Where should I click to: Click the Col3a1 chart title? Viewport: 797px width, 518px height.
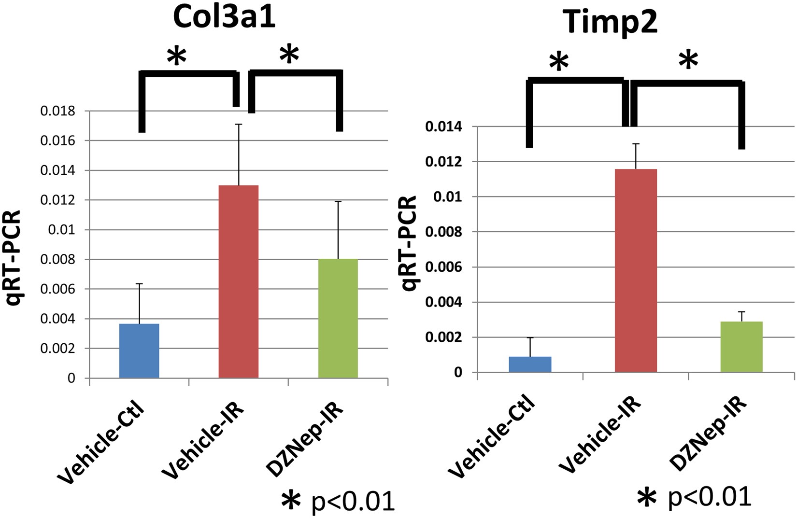click(224, 19)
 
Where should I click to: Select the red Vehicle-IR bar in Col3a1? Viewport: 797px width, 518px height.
click(239, 281)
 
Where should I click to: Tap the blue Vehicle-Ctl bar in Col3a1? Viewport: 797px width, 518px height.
click(139, 350)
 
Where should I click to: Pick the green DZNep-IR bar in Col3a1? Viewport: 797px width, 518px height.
click(338, 319)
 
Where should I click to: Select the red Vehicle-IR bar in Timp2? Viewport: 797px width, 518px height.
click(636, 270)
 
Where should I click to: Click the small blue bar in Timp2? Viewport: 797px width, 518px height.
click(530, 364)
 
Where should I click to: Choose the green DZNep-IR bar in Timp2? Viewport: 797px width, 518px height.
click(741, 347)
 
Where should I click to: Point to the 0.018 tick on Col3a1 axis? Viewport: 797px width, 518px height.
click(58, 112)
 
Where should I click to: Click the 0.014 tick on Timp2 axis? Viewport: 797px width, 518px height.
click(443, 127)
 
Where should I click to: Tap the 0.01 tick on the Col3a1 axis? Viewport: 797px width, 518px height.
click(62, 230)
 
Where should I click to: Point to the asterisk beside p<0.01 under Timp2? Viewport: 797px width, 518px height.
click(647, 499)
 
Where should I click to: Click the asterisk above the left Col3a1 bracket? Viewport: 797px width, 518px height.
click(176, 56)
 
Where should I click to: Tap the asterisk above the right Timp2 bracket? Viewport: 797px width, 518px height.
click(688, 61)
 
